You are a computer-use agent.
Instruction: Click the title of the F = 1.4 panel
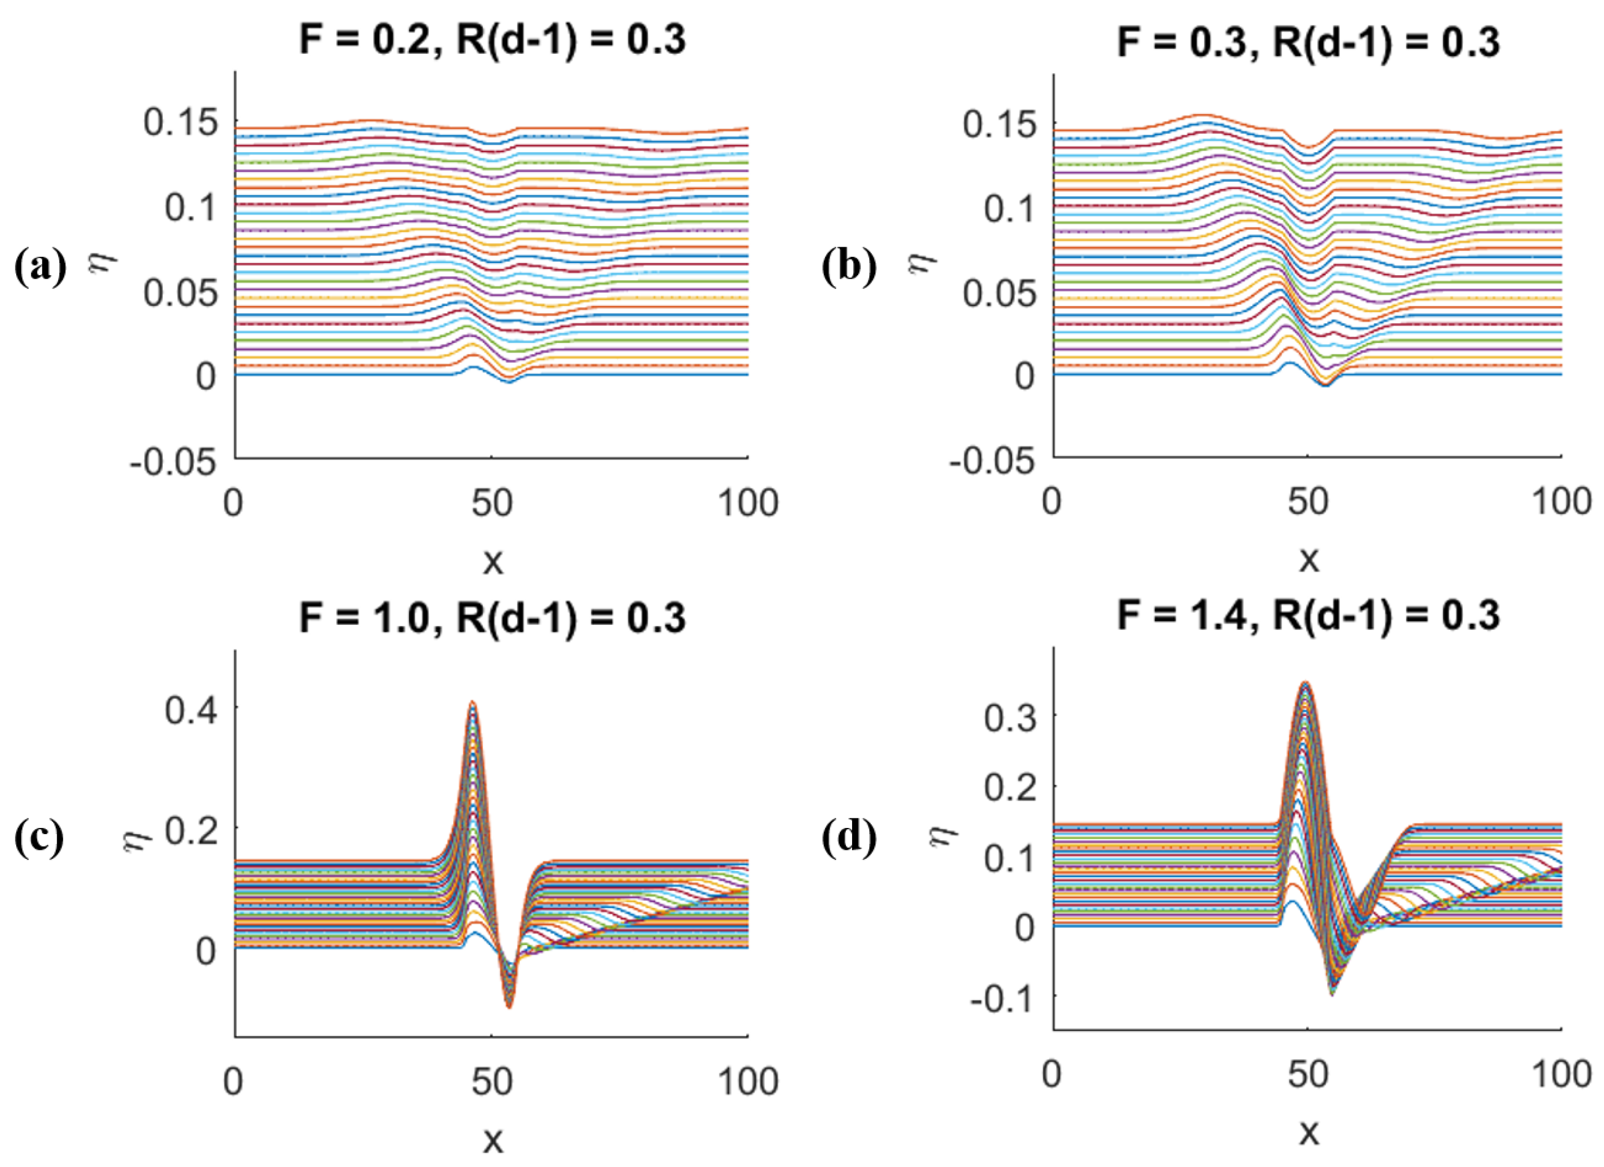pyautogui.click(x=1309, y=616)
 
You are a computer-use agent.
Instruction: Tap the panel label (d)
pyautogui.click(x=849, y=837)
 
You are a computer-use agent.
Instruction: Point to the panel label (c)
pyautogui.click(x=40, y=837)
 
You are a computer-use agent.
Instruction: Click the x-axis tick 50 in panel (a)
pyautogui.click(x=492, y=503)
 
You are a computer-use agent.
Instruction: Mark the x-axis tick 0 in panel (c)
pyautogui.click(x=233, y=1081)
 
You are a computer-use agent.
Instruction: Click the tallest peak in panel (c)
pyautogui.click(x=472, y=704)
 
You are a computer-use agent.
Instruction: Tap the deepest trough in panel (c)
pyautogui.click(x=509, y=1006)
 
